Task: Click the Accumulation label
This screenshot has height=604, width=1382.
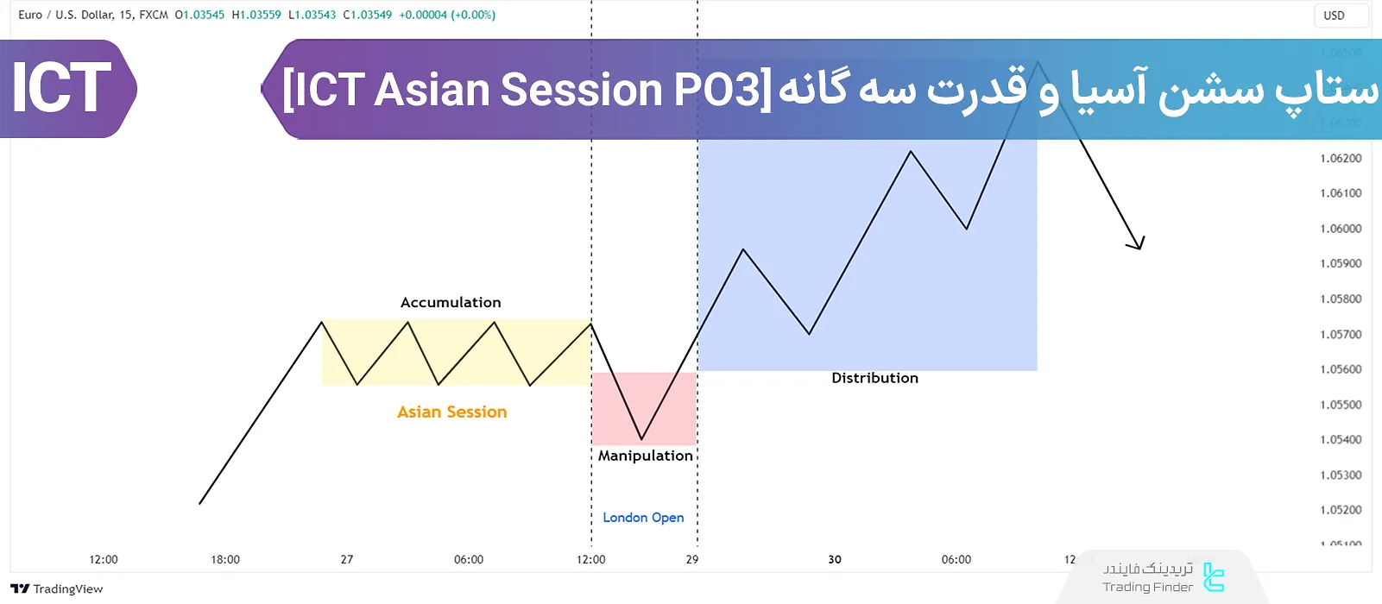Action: pos(451,303)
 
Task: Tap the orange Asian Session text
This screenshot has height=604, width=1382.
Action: pos(451,412)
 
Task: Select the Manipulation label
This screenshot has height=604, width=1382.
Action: pos(645,456)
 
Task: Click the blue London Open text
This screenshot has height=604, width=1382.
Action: pos(643,518)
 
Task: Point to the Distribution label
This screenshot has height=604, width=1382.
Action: pos(874,378)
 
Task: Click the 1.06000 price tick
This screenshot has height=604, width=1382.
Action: pos(1341,229)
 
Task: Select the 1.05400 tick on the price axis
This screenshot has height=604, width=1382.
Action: pos(1341,440)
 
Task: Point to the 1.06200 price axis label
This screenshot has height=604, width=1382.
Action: pos(1341,158)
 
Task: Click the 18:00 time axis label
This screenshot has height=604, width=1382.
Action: pos(225,560)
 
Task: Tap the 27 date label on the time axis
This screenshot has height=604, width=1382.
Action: pos(347,560)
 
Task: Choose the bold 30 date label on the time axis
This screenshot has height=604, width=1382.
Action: pos(835,560)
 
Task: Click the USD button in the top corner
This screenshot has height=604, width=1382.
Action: pos(1334,16)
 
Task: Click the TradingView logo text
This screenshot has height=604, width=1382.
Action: pos(67,589)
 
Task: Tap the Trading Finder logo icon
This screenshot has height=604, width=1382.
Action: pos(1214,577)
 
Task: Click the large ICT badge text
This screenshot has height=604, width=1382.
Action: pos(60,88)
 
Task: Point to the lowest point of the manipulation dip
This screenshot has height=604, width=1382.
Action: pos(641,439)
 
